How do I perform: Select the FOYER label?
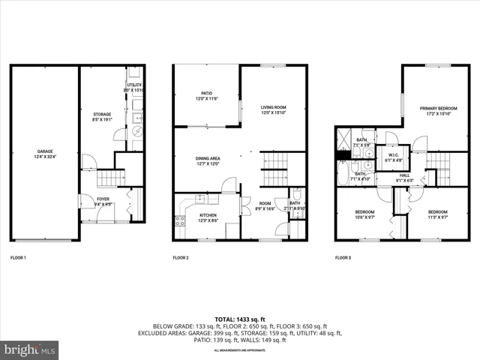103,200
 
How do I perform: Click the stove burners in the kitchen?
180,221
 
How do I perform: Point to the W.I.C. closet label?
394,157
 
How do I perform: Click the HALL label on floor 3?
404,178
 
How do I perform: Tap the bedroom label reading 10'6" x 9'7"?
364,214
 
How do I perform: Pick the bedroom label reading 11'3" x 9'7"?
437,214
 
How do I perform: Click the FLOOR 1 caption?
18,258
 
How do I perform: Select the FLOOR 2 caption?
181,258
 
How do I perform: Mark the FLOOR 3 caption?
343,258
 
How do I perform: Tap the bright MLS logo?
30,349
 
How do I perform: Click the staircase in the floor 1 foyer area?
111,178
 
